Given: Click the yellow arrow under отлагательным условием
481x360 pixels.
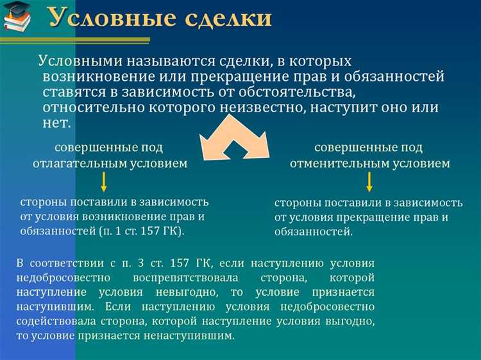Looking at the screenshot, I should coord(103,182).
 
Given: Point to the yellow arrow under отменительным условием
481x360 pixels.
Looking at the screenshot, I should coord(369,182).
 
